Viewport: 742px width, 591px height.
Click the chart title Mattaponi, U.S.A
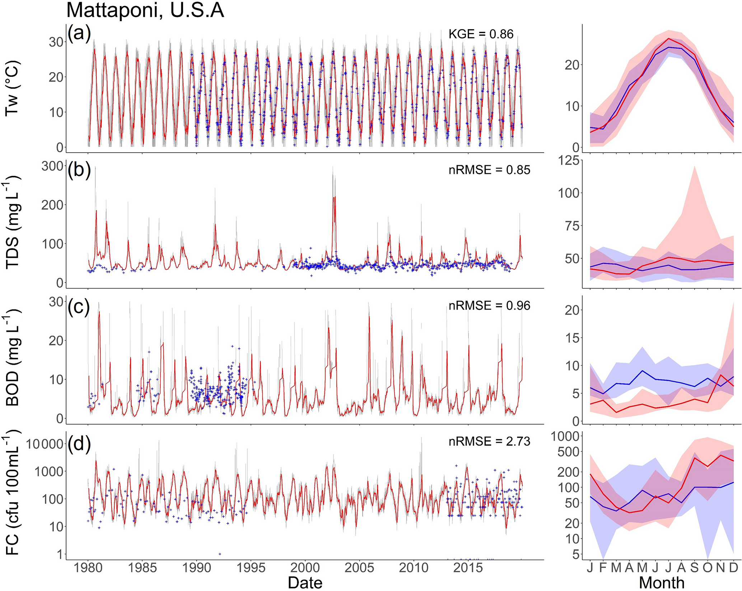click(x=145, y=10)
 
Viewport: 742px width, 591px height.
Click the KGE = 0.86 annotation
click(x=481, y=34)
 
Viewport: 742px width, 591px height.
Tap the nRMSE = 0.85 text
click(x=489, y=170)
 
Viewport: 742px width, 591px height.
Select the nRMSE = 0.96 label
click(x=489, y=306)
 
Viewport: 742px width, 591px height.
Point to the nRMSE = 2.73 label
click(x=489, y=441)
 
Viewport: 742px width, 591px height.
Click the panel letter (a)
click(x=79, y=33)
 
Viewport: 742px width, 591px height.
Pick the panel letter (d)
click(x=79, y=444)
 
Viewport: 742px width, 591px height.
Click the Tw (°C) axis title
click(x=13, y=88)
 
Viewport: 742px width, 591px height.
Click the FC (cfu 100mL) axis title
click(x=13, y=495)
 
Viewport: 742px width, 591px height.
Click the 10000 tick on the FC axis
click(x=45, y=444)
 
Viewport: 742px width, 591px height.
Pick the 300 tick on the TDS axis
click(x=52, y=166)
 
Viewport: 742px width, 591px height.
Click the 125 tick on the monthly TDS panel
click(x=569, y=160)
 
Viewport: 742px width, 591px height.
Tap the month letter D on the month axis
click(x=733, y=568)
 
